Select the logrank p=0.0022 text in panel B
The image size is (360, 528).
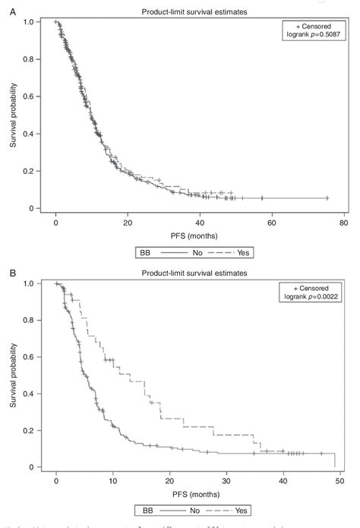click(312, 296)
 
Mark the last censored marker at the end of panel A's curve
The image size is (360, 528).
click(327, 198)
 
